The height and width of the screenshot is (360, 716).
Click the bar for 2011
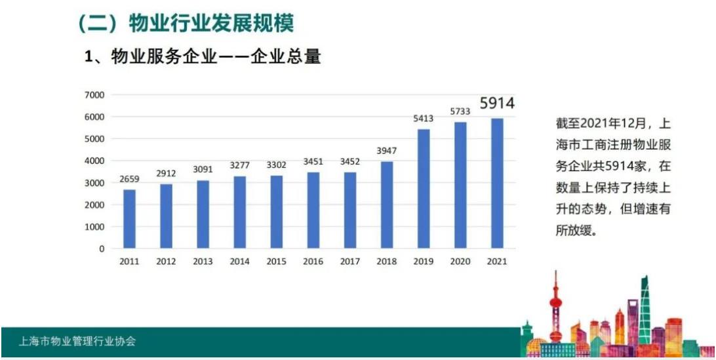[x=129, y=219]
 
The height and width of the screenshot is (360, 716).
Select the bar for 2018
[x=386, y=205]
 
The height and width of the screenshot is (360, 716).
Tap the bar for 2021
[x=497, y=183]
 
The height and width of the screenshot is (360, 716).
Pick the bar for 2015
[x=276, y=212]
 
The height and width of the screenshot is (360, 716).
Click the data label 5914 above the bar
[x=497, y=104]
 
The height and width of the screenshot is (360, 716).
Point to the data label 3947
[x=387, y=151]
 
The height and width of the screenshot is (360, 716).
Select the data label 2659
[x=130, y=179]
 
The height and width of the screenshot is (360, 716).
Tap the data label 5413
[x=424, y=119]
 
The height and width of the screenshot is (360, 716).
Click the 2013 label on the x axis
[x=203, y=261]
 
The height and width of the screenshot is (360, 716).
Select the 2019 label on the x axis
[x=423, y=261]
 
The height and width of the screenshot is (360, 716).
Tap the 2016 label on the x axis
[x=313, y=261]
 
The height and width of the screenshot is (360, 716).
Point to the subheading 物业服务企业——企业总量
[x=216, y=57]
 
